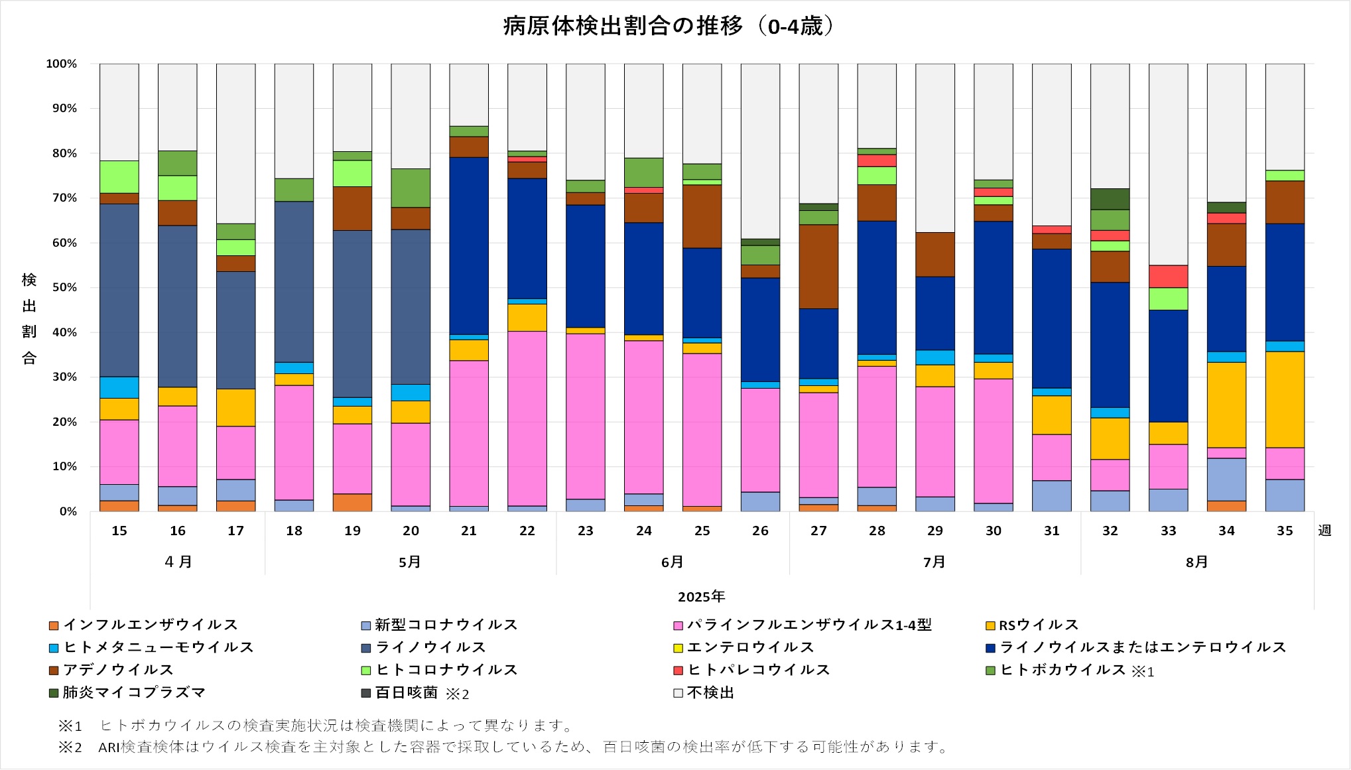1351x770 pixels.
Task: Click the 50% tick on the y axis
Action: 64,288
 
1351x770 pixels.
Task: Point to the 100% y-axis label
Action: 62,64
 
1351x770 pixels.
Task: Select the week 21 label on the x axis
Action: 469,531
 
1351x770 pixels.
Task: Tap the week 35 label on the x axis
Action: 1285,531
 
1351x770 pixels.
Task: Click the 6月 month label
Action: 672,562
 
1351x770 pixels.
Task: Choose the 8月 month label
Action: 1196,562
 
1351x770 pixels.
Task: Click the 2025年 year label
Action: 701,597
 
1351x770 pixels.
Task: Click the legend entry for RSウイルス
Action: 1038,625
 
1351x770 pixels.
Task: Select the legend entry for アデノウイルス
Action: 117,670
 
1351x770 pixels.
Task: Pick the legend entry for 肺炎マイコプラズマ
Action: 133,693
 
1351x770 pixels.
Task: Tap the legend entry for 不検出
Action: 710,693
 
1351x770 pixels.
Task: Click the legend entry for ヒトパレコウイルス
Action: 758,670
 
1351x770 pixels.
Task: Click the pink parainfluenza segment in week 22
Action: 527,418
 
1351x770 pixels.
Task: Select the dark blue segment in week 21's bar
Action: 469,245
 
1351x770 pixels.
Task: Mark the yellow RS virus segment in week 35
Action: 1285,399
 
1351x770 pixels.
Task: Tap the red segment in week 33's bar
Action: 1168,276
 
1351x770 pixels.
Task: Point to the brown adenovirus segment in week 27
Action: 818,267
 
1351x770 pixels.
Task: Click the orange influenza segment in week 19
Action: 352,503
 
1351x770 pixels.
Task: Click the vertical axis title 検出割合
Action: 29,318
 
